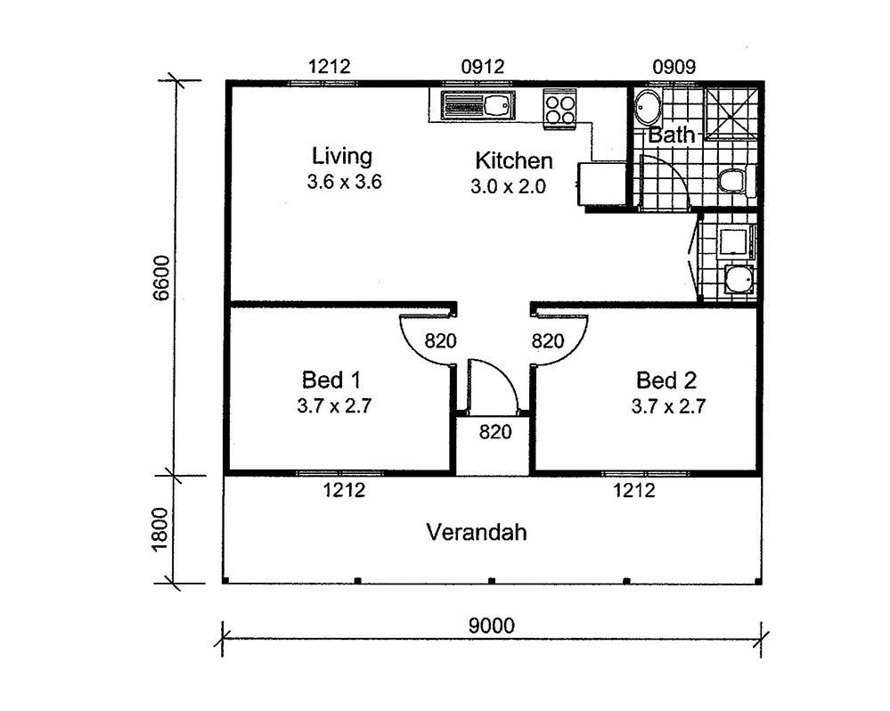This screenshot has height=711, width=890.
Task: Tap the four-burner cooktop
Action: pyautogui.click(x=559, y=110)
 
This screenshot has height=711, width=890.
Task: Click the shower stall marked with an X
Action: pyautogui.click(x=731, y=113)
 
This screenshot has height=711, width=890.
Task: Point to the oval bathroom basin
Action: pyautogui.click(x=647, y=107)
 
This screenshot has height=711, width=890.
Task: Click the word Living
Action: pyautogui.click(x=342, y=156)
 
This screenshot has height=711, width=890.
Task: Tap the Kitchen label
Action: pyautogui.click(x=514, y=160)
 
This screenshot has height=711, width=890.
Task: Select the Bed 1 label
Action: pyautogui.click(x=331, y=380)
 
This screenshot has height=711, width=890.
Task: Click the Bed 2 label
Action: pyautogui.click(x=665, y=380)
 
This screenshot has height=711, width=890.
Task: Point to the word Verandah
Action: pyautogui.click(x=477, y=532)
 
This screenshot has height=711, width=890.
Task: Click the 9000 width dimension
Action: pyautogui.click(x=492, y=625)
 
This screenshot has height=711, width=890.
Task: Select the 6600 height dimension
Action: pyautogui.click(x=162, y=278)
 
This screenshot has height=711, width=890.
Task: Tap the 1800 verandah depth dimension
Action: pyautogui.click(x=160, y=529)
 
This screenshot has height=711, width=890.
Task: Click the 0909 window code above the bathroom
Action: pyautogui.click(x=674, y=67)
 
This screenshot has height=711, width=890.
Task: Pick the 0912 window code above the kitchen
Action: pyautogui.click(x=483, y=67)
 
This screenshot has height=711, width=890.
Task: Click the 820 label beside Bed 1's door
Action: pyautogui.click(x=440, y=341)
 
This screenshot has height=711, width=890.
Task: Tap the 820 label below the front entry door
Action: pyautogui.click(x=495, y=432)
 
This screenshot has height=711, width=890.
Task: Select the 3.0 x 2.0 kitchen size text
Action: pyautogui.click(x=508, y=186)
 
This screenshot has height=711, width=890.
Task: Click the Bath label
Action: pyautogui.click(x=672, y=135)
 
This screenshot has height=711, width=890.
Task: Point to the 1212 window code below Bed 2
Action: pyautogui.click(x=634, y=490)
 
